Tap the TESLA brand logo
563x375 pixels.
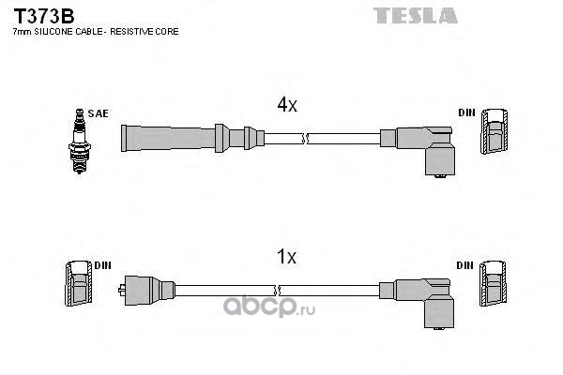[417, 15]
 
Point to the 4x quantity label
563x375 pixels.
[286, 106]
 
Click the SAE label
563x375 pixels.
[99, 113]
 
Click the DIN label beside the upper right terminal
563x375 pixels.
[466, 113]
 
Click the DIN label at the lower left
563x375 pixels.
[102, 265]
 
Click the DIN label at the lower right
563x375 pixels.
[466, 265]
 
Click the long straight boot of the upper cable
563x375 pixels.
[178, 137]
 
